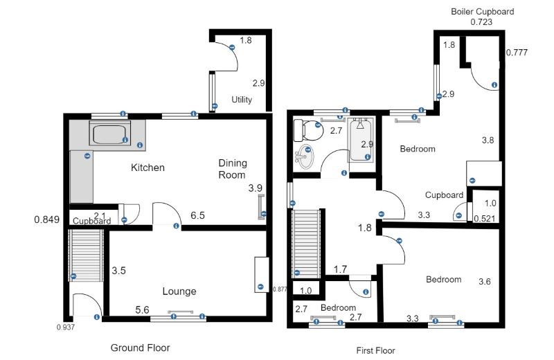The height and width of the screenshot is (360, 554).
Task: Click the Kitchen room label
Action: click(x=148, y=168)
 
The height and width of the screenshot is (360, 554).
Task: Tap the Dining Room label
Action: click(x=233, y=169)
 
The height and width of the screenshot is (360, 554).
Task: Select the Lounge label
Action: click(x=179, y=291)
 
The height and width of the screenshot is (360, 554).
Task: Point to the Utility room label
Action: click(x=242, y=100)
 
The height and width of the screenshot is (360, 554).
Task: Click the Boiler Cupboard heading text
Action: click(x=482, y=12)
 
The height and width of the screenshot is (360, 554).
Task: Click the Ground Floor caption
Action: click(x=141, y=348)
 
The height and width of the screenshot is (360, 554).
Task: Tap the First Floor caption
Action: click(x=375, y=351)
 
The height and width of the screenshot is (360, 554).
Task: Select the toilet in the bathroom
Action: click(x=308, y=130)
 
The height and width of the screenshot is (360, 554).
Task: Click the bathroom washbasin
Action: click(x=304, y=156)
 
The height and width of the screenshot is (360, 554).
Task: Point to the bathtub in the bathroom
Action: click(x=361, y=140)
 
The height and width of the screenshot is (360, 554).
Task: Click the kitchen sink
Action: click(x=110, y=134)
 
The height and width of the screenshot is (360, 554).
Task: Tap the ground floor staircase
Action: click(x=86, y=255)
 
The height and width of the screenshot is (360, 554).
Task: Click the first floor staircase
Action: click(x=306, y=244)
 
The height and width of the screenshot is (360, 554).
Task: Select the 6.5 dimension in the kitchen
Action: click(x=197, y=215)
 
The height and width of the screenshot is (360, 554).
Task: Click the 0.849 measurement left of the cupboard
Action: click(x=46, y=219)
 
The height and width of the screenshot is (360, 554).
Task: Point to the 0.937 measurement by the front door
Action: click(x=66, y=327)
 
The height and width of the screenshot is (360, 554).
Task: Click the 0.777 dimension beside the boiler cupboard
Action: click(x=517, y=53)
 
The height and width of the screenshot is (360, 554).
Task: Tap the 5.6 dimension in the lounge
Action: click(x=142, y=310)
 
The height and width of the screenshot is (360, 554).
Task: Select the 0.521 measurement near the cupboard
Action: click(x=484, y=219)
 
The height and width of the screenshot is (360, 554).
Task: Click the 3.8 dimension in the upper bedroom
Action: click(x=488, y=141)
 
